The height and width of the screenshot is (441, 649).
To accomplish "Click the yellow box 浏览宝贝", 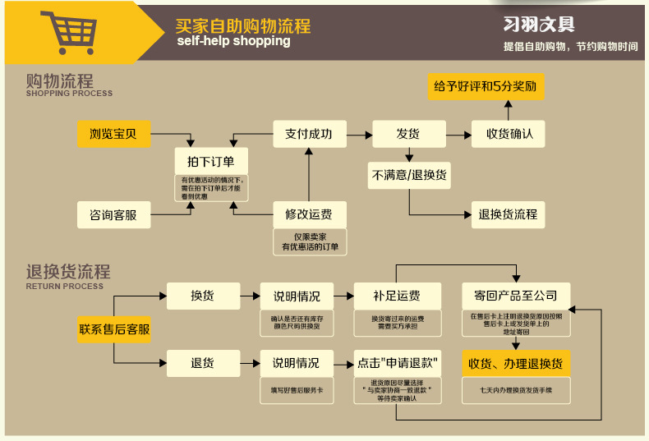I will point(114,134).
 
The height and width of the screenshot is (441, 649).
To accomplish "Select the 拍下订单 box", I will point(211,161).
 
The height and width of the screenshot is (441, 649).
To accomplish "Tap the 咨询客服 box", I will point(114,215).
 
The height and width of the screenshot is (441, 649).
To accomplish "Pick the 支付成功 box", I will point(309,134).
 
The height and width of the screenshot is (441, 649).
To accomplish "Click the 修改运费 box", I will point(309,214).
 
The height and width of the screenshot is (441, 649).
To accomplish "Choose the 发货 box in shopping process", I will point(408,134).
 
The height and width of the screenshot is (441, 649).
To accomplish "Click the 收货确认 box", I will point(509,134).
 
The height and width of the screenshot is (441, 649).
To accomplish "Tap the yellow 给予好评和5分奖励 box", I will point(487,86).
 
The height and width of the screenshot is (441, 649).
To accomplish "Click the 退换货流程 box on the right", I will point(508,214).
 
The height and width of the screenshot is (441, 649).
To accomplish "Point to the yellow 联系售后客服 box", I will point(114,329).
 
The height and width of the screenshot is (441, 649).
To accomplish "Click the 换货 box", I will point(202,296).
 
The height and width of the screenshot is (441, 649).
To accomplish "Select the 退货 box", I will point(202,362).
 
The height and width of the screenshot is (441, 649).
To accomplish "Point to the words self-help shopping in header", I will point(233,41).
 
